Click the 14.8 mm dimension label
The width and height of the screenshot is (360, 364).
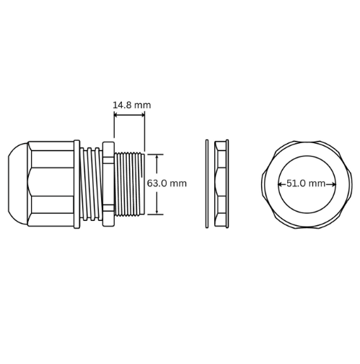[x=132, y=105]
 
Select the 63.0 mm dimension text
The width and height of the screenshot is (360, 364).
[x=167, y=183]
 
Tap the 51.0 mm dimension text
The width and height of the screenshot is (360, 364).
[x=306, y=183]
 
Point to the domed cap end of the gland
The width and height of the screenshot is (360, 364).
[x=18, y=184]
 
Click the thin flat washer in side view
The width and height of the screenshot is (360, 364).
[x=207, y=183]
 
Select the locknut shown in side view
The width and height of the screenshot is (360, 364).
[x=221, y=183]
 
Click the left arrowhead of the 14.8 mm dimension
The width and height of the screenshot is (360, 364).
[x=116, y=115]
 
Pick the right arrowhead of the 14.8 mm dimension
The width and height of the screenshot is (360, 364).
[x=143, y=115]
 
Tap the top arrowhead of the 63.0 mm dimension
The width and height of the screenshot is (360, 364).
[x=157, y=157]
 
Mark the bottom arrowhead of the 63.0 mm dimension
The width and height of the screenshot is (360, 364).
[x=157, y=211]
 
